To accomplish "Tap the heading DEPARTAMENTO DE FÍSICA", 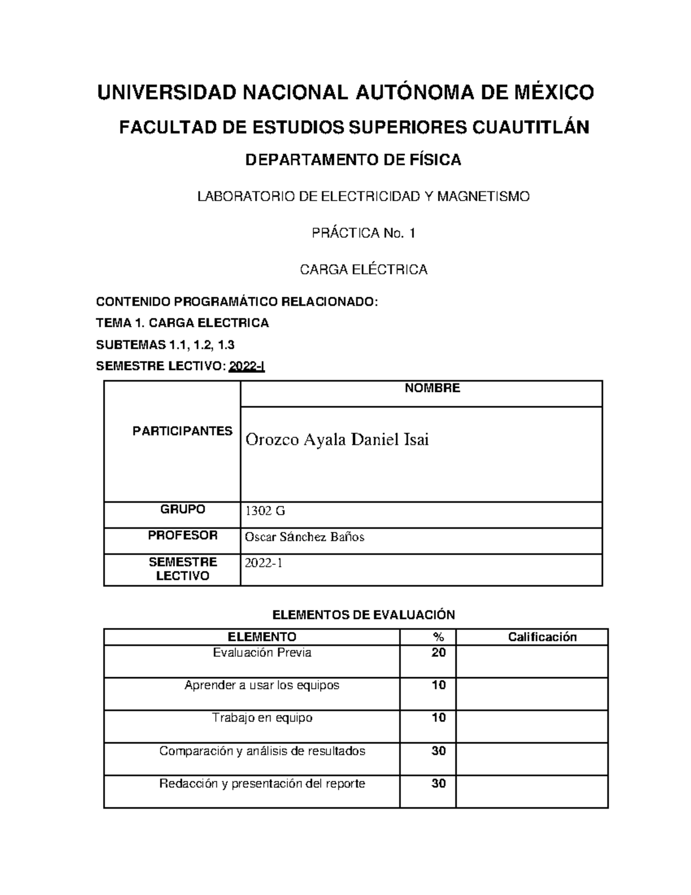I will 354,160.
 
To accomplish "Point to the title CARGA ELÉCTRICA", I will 364,270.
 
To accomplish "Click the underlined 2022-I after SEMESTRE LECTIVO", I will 247,367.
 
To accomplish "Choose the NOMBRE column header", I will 432,388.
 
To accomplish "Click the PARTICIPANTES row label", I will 183,431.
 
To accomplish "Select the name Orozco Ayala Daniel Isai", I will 337,440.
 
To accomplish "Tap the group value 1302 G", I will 265,511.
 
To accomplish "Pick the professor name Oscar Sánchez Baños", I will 305,537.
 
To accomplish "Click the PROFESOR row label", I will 183,535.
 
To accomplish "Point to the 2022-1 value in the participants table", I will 264,564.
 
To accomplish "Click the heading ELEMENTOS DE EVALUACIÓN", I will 363,615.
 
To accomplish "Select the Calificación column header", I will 542,637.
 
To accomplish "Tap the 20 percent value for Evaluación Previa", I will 439,653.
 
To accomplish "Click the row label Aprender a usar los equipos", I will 262,685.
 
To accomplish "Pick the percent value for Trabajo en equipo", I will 439,718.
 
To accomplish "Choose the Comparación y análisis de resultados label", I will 262,751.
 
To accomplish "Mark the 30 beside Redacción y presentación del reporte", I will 439,784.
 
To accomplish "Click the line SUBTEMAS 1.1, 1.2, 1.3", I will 165,345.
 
